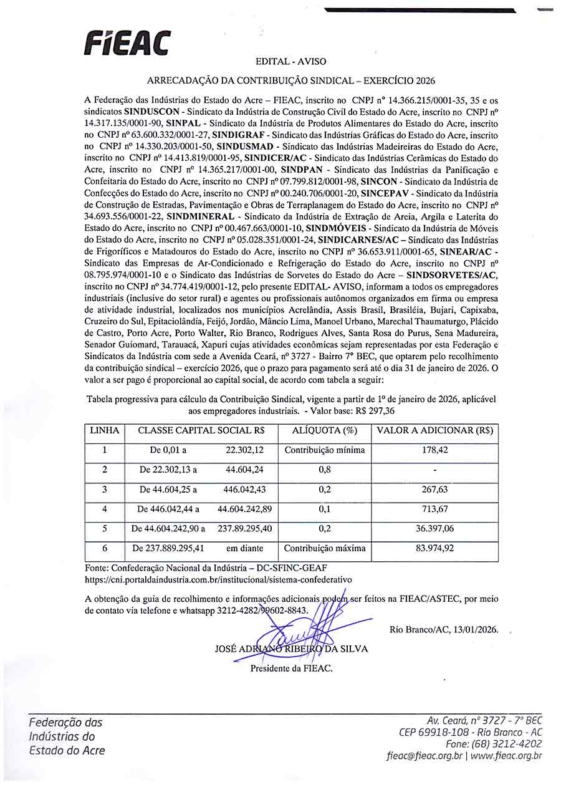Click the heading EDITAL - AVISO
tap(290, 62)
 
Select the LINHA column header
tap(104, 430)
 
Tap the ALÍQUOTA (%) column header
tap(325, 430)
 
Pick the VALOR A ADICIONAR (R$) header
tap(434, 430)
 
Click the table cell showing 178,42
tap(434, 450)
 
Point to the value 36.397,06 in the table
tap(434, 529)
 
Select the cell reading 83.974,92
tap(434, 549)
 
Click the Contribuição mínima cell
tap(325, 450)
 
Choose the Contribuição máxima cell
tap(325, 549)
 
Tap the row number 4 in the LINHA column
tap(104, 509)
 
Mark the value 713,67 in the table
tap(434, 509)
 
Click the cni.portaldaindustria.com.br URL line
tap(218, 579)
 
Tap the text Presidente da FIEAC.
tap(291, 669)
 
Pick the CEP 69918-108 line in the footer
tap(436, 732)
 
